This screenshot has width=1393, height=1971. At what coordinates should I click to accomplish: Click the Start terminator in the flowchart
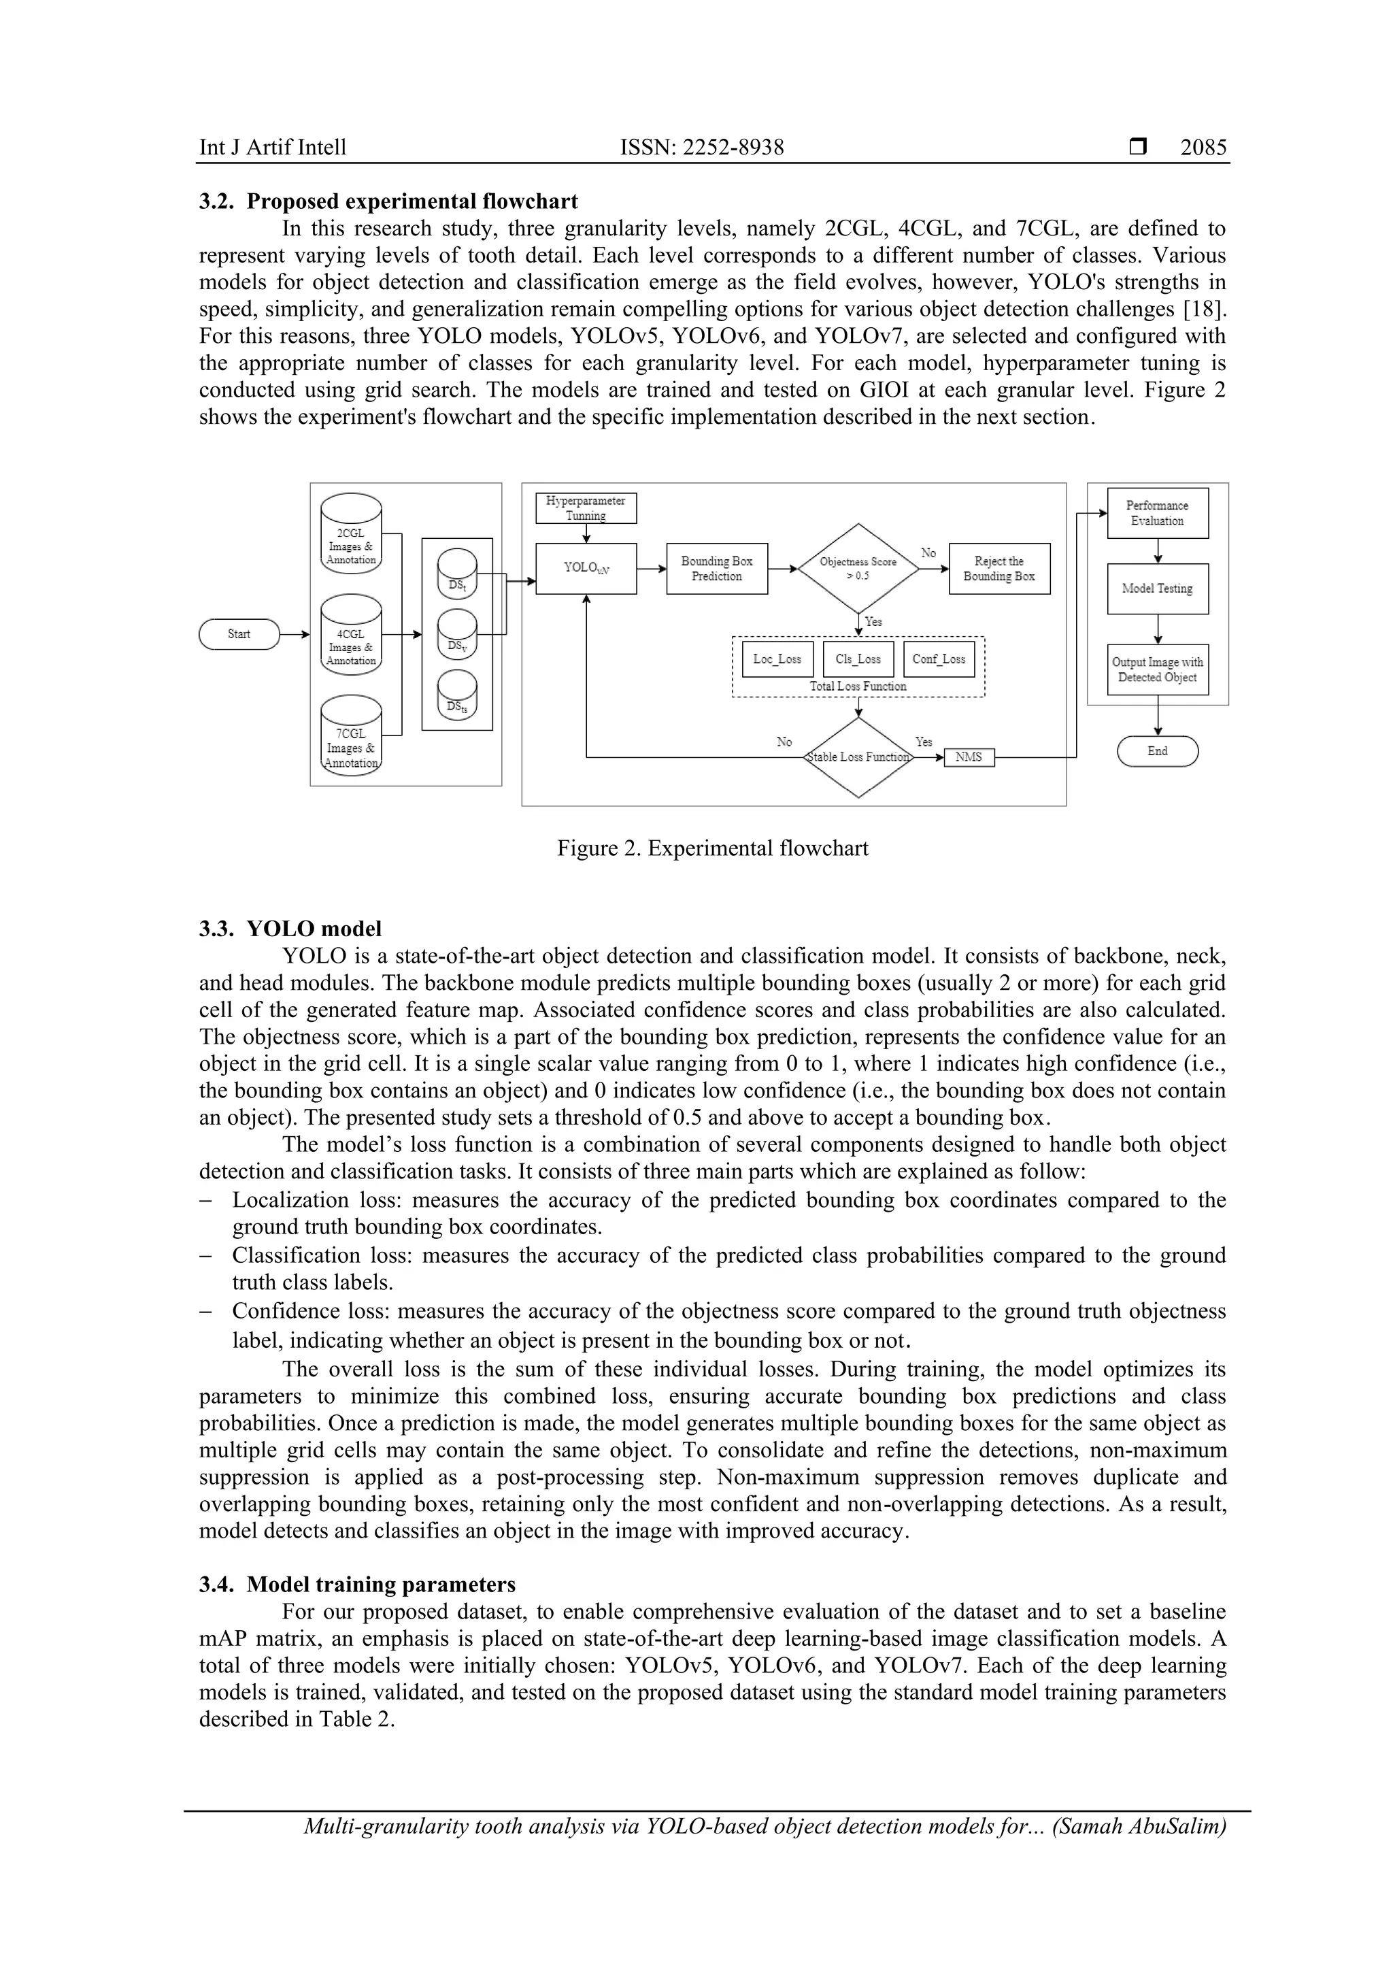coord(239,634)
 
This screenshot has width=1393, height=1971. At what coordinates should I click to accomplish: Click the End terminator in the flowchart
coord(1157,751)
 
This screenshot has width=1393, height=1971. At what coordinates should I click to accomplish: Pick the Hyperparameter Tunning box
coord(586,508)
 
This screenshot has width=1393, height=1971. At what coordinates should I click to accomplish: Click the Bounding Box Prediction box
coord(717,568)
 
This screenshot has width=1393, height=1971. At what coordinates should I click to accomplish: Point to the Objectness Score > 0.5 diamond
coord(858,568)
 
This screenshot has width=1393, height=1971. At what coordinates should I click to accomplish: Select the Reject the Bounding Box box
coord(999,568)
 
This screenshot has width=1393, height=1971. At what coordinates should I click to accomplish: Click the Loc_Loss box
coord(777,659)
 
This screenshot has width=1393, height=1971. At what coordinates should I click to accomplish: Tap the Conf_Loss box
coord(938,659)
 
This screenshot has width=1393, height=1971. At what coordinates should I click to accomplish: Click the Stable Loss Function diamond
coord(858,757)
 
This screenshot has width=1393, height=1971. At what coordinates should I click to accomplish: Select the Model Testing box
coord(1157,589)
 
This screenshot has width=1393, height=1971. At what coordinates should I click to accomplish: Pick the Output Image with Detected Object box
coord(1157,669)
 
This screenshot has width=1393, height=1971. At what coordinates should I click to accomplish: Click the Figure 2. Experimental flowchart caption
coord(712,848)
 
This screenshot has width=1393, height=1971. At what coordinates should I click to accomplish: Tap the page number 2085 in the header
coord(1203,148)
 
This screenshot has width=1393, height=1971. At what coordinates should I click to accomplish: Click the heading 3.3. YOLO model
coord(290,929)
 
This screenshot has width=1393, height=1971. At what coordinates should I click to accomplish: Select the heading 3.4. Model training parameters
coord(357,1585)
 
